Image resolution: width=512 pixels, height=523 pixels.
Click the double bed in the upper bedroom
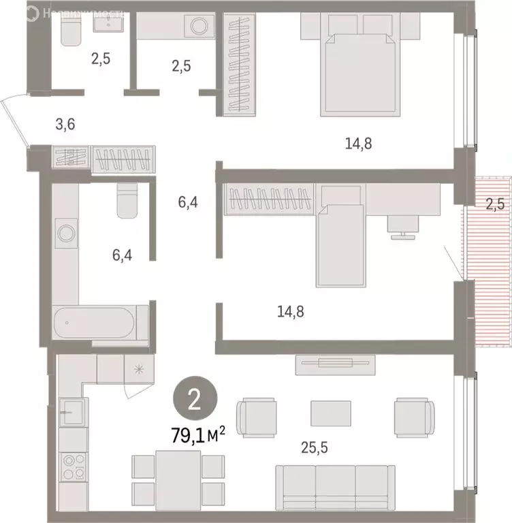pyautogui.click(x=359, y=72)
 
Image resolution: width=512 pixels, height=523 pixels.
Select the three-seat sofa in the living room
pyautogui.click(x=334, y=486)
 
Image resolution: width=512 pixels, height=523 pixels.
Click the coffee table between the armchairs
pyautogui.click(x=331, y=413)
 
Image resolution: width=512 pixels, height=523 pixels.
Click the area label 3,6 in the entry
pyautogui.click(x=65, y=124)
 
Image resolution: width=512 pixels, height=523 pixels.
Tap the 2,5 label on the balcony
pyautogui.click(x=495, y=203)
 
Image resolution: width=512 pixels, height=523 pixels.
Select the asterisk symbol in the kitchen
pyautogui.click(x=139, y=370)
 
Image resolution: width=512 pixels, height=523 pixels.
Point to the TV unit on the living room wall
pyautogui.click(x=335, y=364)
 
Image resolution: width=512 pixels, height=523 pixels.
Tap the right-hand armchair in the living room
pyautogui.click(x=414, y=413)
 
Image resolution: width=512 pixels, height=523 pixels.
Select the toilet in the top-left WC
pyautogui.click(x=71, y=31)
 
